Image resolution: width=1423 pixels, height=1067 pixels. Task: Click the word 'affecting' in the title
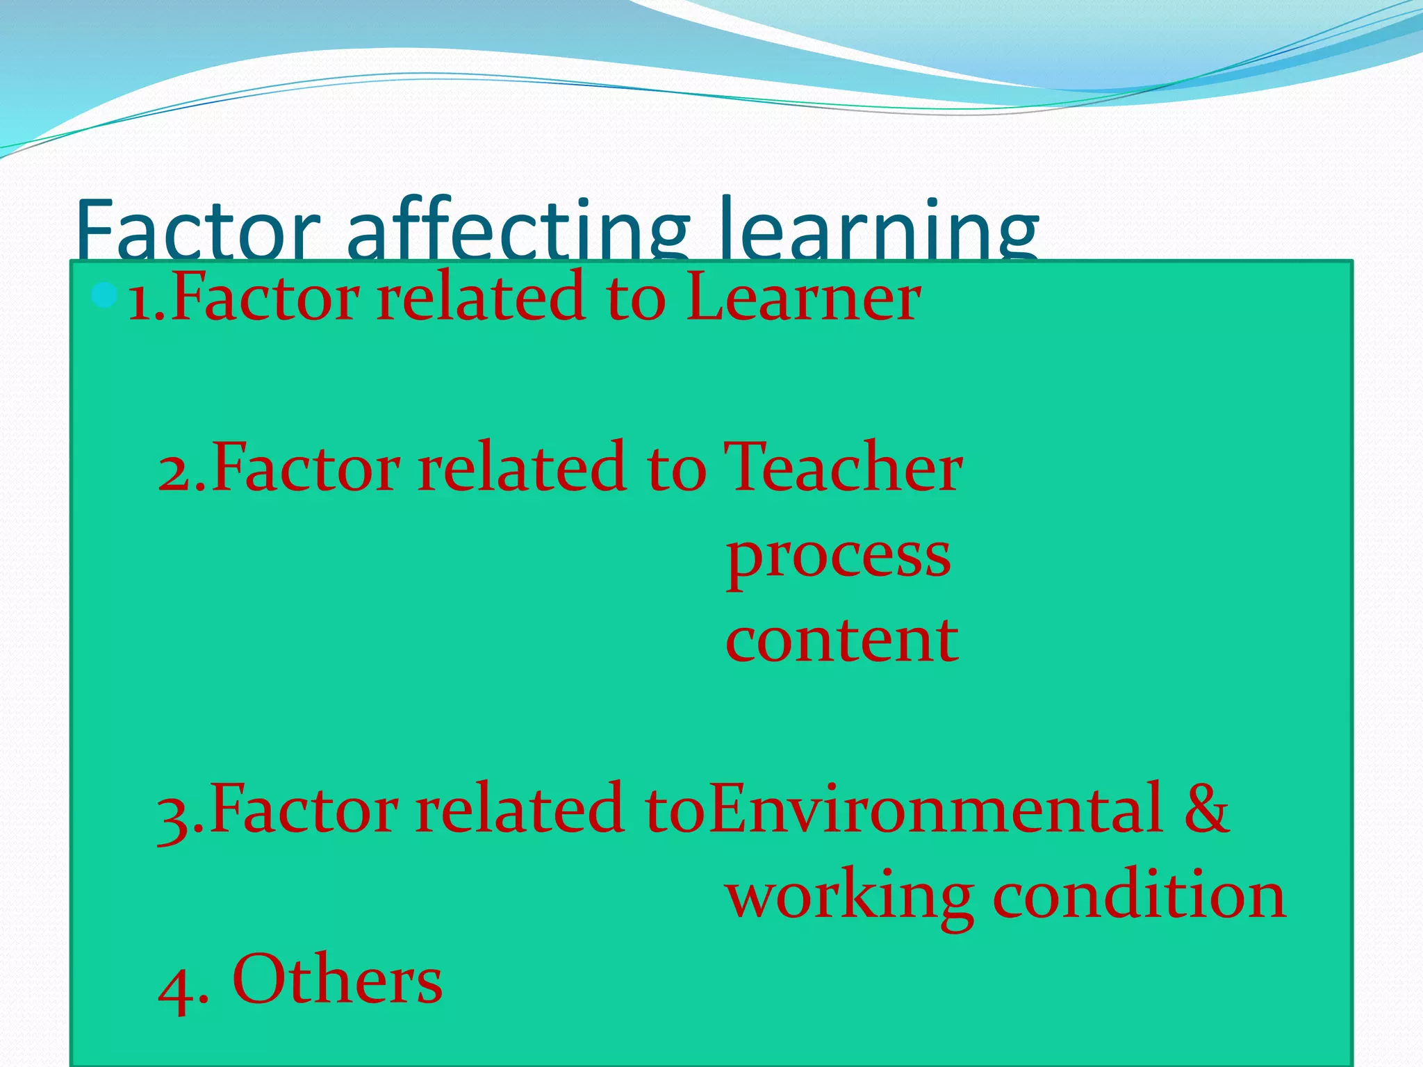(x=518, y=229)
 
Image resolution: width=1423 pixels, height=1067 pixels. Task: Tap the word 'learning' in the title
(x=879, y=229)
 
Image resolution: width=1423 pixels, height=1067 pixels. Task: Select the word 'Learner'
(x=803, y=297)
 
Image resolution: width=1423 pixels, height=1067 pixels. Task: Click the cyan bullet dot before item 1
(x=104, y=296)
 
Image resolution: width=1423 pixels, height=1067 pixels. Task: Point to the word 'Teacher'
(x=842, y=468)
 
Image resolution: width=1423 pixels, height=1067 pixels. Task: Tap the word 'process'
(x=838, y=557)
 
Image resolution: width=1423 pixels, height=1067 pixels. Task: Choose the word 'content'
(x=841, y=640)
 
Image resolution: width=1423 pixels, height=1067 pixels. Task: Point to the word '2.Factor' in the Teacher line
(x=278, y=468)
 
